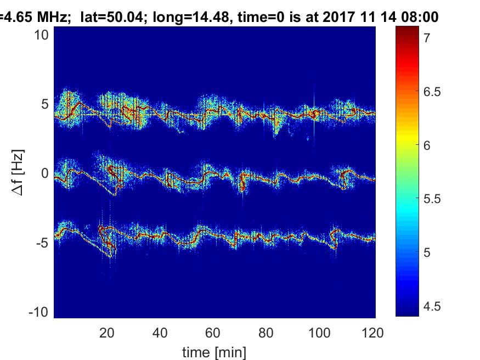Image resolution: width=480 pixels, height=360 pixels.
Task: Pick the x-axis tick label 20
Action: (106, 332)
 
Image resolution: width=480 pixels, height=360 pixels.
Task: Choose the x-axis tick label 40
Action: (160, 332)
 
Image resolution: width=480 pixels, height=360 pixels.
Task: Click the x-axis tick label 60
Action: (213, 332)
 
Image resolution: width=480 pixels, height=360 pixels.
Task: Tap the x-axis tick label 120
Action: (372, 332)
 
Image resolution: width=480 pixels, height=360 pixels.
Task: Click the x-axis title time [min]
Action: (214, 351)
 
